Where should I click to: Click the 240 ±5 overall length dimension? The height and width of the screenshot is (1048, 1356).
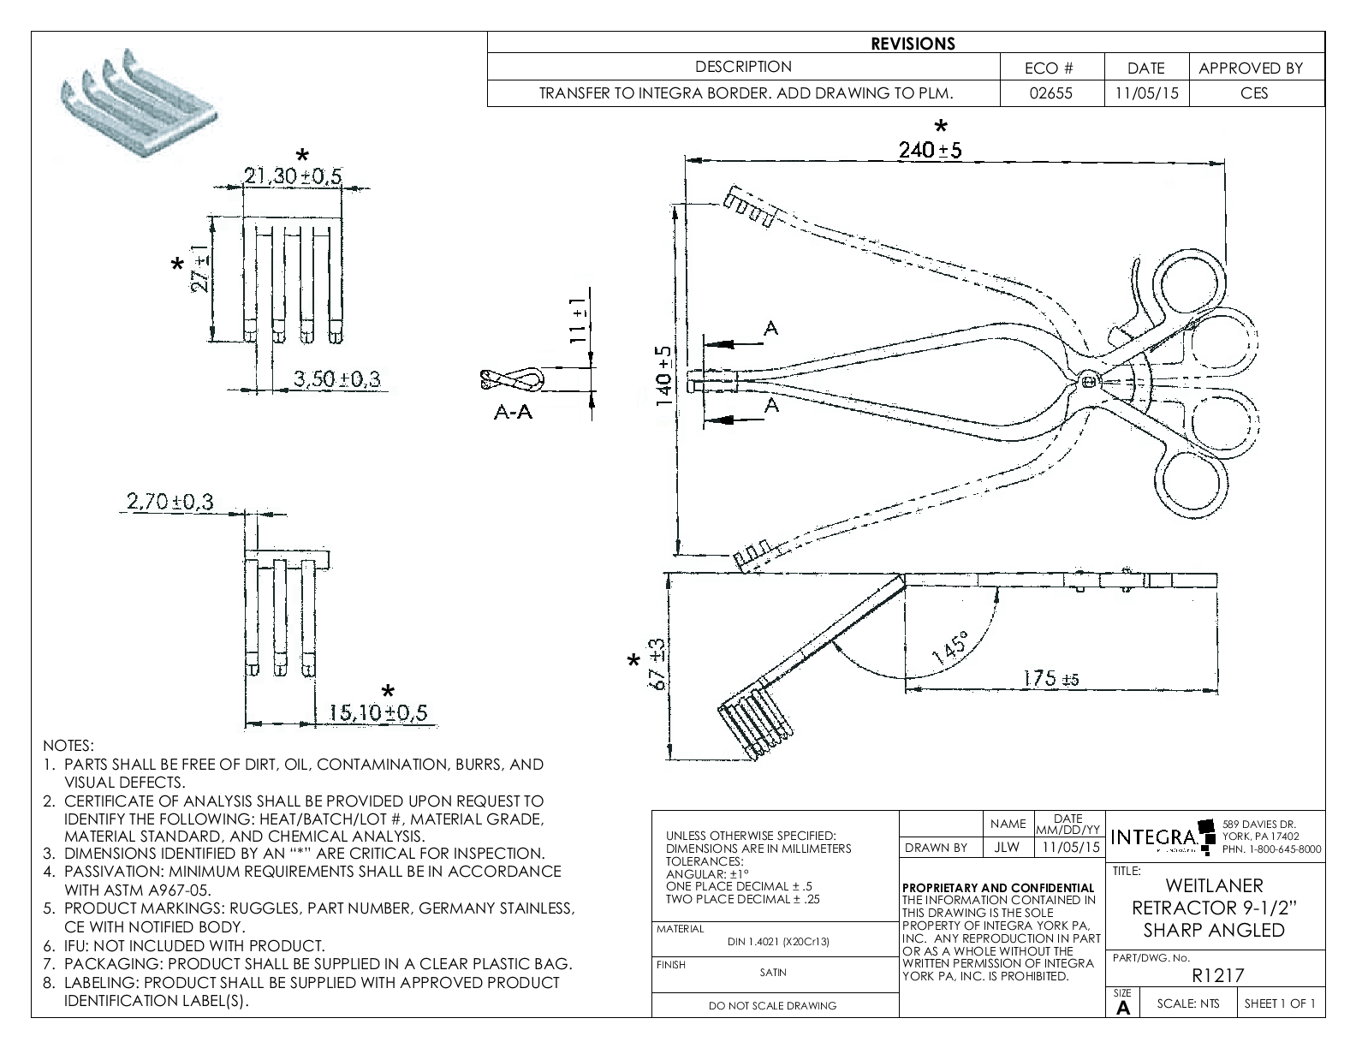point(930,151)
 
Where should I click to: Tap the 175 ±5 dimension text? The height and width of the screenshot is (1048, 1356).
point(1050,679)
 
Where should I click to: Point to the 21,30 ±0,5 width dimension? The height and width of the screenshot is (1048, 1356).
point(293,176)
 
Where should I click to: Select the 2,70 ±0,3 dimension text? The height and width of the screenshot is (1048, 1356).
point(169,502)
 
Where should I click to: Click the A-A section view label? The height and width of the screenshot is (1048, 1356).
point(513,413)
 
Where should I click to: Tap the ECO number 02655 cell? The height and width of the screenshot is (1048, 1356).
point(1050,93)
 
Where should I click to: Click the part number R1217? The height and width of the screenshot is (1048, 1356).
point(1217,974)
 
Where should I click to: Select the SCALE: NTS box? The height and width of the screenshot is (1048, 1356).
point(1187,1003)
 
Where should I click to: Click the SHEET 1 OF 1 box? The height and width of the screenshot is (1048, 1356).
point(1279,1003)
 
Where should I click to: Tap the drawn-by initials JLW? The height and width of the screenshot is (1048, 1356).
point(1008,848)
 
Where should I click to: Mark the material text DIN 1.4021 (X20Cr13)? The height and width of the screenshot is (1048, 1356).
point(778,942)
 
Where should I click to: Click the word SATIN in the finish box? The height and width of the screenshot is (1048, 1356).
point(773,973)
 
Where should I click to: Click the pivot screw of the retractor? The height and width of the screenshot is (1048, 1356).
point(1086,380)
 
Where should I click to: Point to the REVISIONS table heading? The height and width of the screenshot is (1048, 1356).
point(913,44)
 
